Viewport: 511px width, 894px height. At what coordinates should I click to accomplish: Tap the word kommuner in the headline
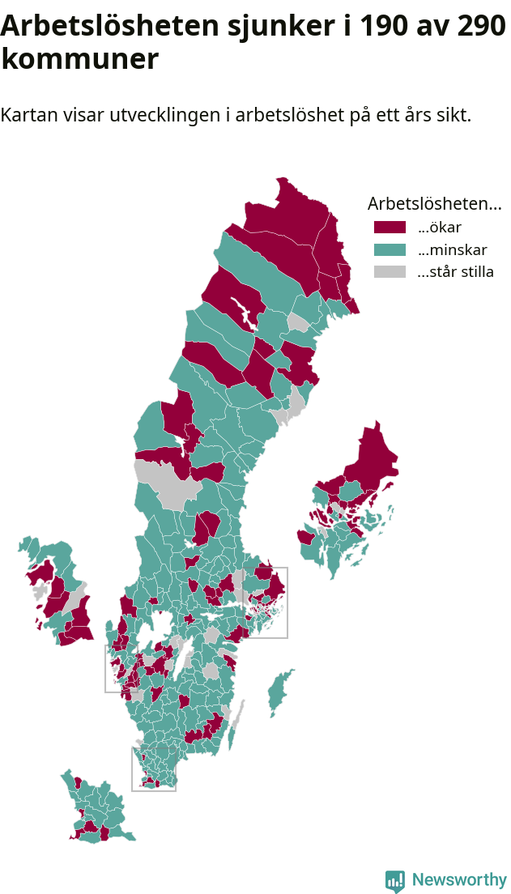[x=79, y=59]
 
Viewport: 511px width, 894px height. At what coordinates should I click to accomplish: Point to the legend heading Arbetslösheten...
[x=434, y=203]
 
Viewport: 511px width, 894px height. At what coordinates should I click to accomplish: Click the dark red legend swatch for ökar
[x=390, y=227]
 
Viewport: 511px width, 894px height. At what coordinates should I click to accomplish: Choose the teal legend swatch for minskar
[x=390, y=249]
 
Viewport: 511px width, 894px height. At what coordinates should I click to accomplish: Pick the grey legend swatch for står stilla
[x=390, y=272]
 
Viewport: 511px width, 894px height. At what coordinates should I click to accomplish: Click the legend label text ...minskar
[x=452, y=249]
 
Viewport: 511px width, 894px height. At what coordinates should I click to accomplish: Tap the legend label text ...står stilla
[x=455, y=272]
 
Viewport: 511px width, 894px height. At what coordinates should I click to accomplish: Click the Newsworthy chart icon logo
[x=395, y=881]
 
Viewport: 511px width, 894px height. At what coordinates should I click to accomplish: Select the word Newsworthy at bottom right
[x=459, y=880]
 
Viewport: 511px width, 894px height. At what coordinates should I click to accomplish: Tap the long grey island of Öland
[x=236, y=721]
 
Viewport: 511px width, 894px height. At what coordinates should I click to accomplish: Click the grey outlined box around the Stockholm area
[x=266, y=602]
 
